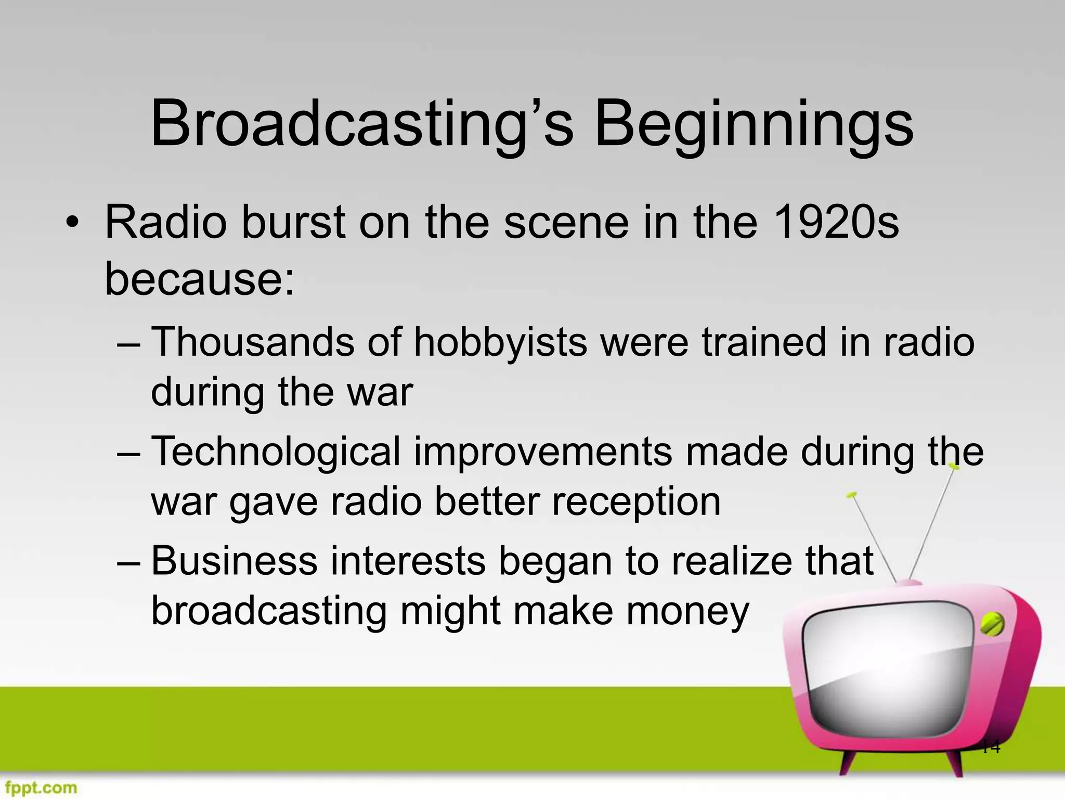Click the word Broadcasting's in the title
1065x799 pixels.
click(361, 125)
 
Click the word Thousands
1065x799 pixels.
click(253, 342)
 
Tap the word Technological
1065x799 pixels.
click(276, 452)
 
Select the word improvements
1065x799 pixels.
click(543, 452)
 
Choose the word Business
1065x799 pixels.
click(235, 561)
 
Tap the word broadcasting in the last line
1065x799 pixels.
click(269, 611)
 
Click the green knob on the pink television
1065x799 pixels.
click(992, 625)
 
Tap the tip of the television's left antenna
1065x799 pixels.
click(851, 495)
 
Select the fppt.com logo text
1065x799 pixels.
click(39, 787)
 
